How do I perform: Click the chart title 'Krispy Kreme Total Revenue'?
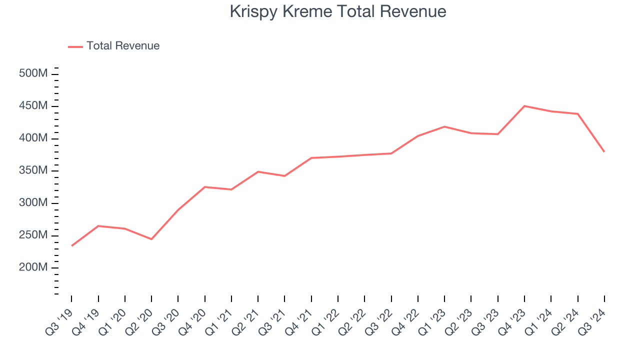point(338,11)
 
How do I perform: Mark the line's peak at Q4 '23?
point(524,106)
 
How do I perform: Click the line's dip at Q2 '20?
point(151,239)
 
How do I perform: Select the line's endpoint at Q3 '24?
point(604,151)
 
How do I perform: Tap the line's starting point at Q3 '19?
point(71,246)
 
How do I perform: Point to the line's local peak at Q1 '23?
point(444,126)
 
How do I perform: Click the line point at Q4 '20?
point(205,187)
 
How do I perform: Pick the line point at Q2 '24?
point(577,114)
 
